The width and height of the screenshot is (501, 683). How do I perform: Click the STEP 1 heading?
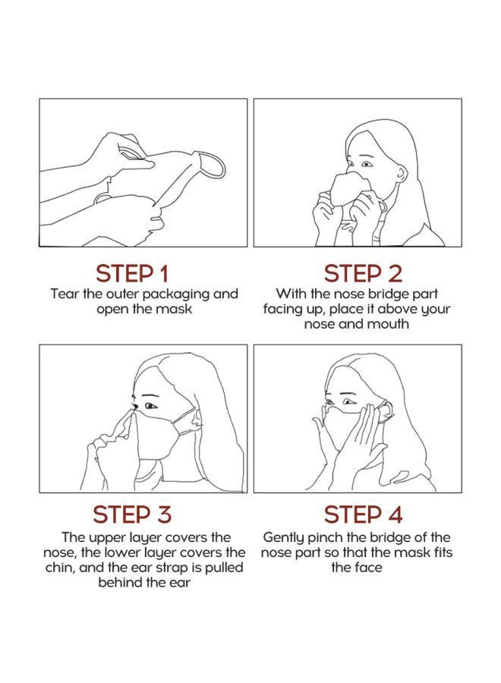pos(132,273)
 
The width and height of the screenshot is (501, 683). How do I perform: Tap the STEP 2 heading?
pos(363,273)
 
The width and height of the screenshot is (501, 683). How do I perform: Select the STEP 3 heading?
pos(132,514)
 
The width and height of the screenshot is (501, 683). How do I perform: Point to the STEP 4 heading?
pos(363,514)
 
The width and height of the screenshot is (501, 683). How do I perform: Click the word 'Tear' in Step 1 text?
pos(65,294)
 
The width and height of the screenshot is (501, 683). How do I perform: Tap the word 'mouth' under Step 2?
pos(389,324)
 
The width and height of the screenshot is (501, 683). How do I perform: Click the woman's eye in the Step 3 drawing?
pos(150,406)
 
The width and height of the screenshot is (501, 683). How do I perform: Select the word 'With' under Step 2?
pos(290,294)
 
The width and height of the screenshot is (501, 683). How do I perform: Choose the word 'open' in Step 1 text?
pos(112,309)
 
